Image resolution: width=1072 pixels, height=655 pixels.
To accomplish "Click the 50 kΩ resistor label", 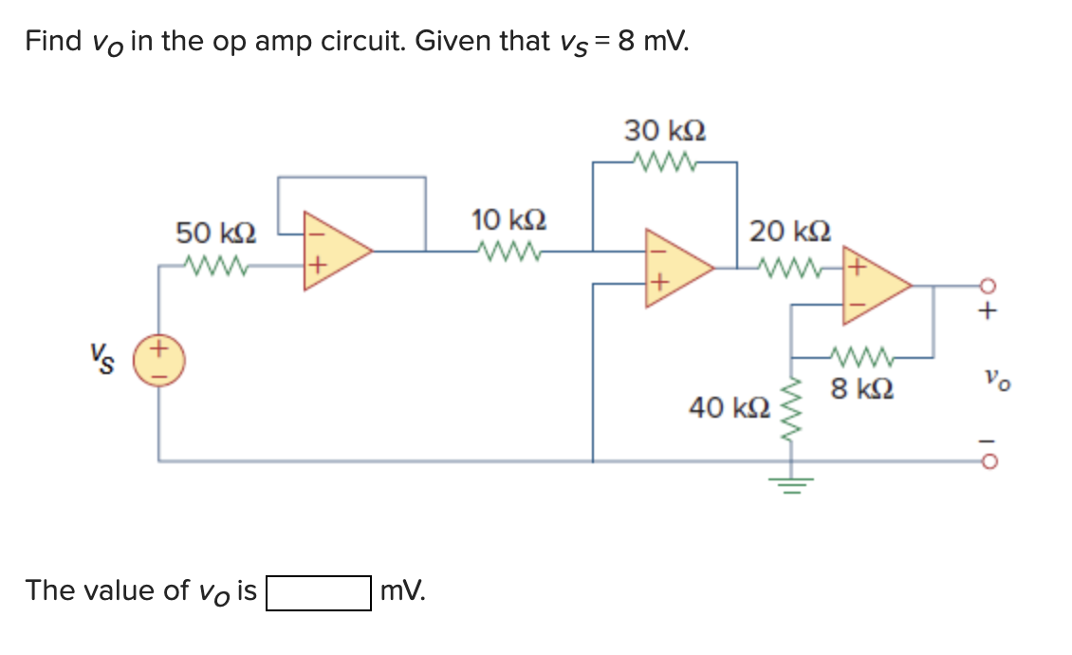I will coord(215,232).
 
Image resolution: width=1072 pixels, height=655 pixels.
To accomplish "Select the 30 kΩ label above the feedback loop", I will coord(664,130).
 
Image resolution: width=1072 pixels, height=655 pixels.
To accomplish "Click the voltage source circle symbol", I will coord(158,363).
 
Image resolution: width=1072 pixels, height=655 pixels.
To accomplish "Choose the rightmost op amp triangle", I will coord(875,283).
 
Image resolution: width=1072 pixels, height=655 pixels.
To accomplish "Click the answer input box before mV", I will coord(318,592).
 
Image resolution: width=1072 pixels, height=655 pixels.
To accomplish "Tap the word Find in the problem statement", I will coord(53,42).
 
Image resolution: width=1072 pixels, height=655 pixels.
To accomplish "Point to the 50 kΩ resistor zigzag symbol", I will coord(215,266).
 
